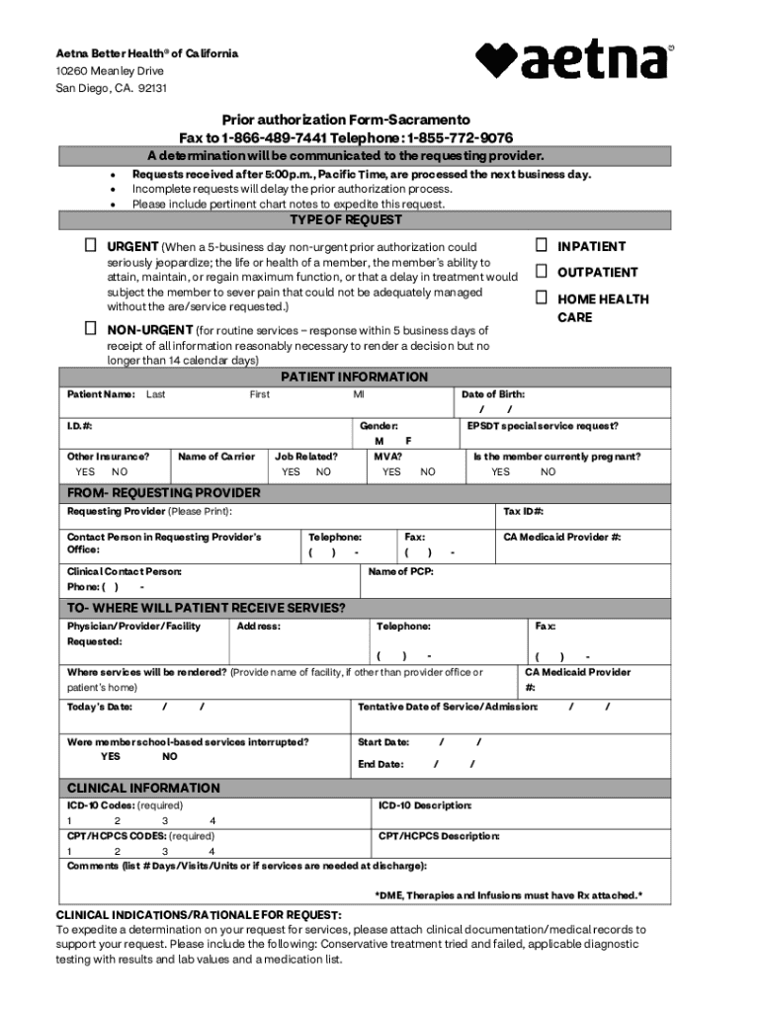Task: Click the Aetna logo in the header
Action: pyautogui.click(x=574, y=61)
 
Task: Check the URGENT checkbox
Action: pyautogui.click(x=90, y=245)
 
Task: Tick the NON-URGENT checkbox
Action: pyautogui.click(x=90, y=329)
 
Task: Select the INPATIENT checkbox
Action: pyautogui.click(x=542, y=245)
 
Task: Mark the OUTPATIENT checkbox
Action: pyautogui.click(x=542, y=271)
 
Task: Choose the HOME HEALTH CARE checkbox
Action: pyautogui.click(x=542, y=297)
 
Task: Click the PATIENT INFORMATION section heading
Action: pyautogui.click(x=355, y=378)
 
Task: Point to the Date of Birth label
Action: pyautogui.click(x=493, y=394)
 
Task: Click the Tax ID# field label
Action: pyautogui.click(x=524, y=511)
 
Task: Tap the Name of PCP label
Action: pyautogui.click(x=400, y=571)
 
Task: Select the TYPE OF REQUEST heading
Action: pyautogui.click(x=345, y=219)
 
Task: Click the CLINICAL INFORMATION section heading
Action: pyautogui.click(x=143, y=788)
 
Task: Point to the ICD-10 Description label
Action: pyautogui.click(x=425, y=805)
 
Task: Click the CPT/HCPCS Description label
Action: pyautogui.click(x=439, y=836)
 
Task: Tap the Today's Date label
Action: pyautogui.click(x=99, y=707)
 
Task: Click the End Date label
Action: pyautogui.click(x=380, y=764)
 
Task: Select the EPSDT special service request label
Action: pyautogui.click(x=543, y=426)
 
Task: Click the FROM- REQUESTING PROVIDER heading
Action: pyautogui.click(x=163, y=492)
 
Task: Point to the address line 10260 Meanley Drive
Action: pyautogui.click(x=110, y=71)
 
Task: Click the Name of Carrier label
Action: pyautogui.click(x=216, y=457)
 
